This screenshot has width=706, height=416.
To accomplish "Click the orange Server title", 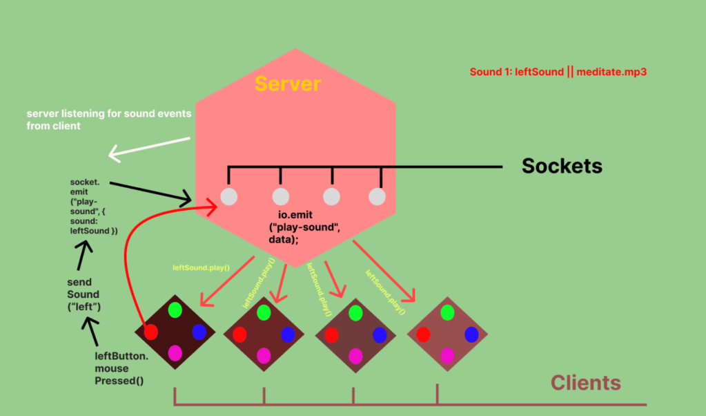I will (287, 84).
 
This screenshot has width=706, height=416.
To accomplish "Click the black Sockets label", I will (562, 166).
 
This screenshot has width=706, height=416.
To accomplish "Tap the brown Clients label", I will (585, 382).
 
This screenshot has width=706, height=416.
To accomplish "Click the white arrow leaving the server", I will (148, 148).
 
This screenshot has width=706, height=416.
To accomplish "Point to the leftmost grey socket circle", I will (228, 197).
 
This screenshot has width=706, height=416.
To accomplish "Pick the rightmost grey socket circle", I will (377, 197).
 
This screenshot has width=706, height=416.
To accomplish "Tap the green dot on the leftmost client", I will (175, 310).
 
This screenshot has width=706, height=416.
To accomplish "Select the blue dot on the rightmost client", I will (471, 334).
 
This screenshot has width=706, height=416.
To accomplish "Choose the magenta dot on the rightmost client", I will (447, 356).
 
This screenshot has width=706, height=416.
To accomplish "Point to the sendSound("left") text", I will (84, 294).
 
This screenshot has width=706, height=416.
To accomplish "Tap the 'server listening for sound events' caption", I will (109, 119).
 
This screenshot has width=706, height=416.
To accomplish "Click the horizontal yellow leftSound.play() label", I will (201, 267).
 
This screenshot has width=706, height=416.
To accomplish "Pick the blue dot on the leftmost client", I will (199, 331).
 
